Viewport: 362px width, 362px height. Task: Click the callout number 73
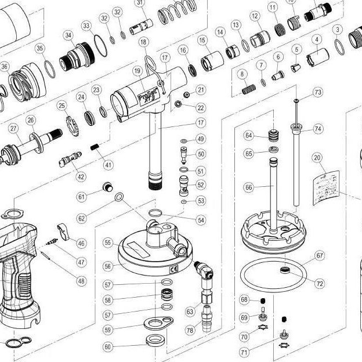pos(317,92)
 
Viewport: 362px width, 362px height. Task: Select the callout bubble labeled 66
pos(248,188)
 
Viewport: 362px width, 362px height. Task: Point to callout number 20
pos(316,157)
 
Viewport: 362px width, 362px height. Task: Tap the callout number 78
pos(190,331)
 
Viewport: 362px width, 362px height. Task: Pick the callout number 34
pos(69,36)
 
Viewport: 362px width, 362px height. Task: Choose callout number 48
pos(81,281)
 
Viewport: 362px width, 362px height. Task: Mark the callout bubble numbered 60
pos(108,347)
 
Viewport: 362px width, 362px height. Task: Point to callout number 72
pos(320,283)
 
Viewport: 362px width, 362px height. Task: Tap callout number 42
pos(81,176)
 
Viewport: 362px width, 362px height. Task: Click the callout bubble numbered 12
pos(255,16)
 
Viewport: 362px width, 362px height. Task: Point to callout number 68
pos(244,299)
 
